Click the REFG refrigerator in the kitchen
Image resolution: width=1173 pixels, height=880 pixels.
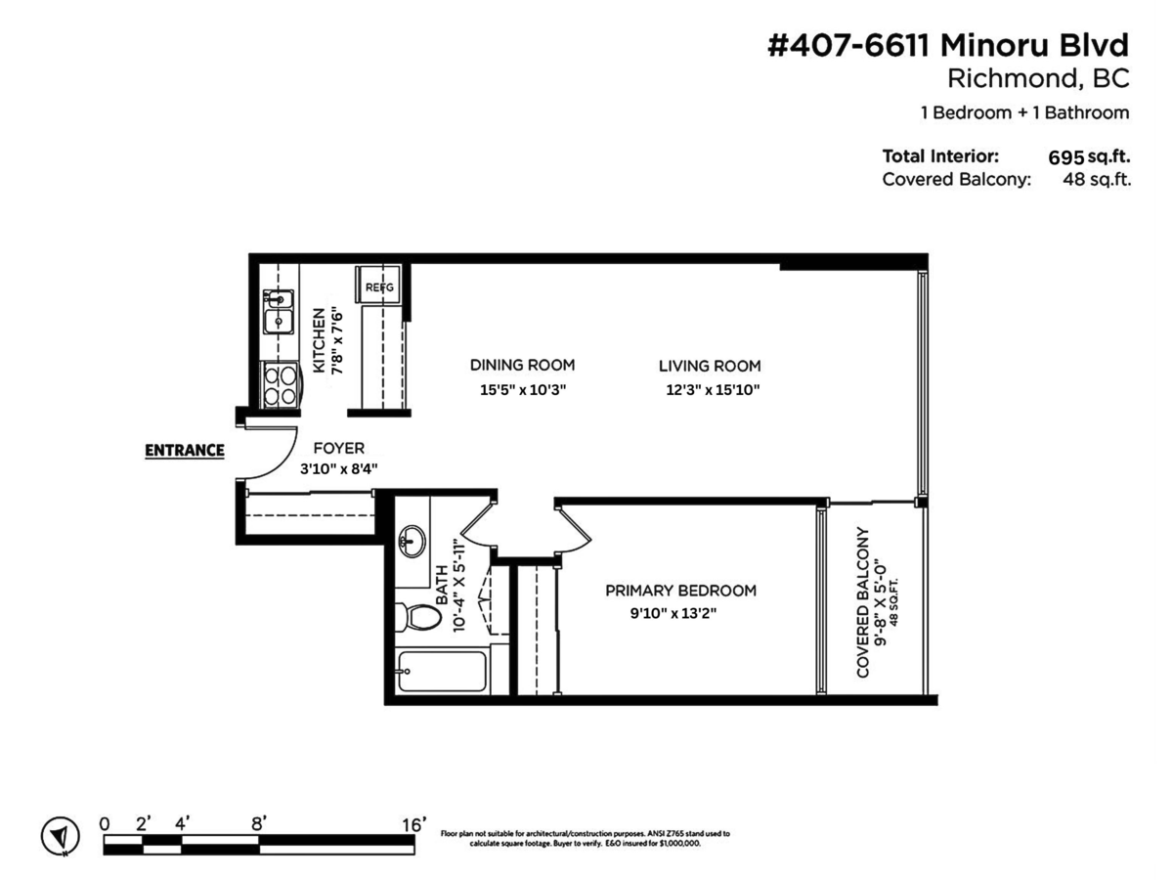378,285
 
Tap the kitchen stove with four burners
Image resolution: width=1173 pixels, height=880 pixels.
280,385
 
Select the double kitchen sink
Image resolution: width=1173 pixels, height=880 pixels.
278,312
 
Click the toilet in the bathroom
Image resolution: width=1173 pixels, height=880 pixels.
418,618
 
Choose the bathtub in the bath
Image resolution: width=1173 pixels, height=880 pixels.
442,671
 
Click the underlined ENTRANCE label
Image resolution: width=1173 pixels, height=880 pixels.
185,451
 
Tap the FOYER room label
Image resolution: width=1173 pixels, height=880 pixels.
339,448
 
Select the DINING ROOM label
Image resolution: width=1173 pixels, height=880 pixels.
522,365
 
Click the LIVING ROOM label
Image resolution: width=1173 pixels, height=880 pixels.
709,366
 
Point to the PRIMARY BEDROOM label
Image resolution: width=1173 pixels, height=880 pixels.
680,591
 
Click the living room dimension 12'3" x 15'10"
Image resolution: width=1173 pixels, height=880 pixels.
713,390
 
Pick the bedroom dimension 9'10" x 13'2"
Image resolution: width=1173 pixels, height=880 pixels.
673,613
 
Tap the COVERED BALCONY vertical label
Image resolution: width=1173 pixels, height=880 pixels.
862,602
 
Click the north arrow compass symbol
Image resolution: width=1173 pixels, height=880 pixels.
61,836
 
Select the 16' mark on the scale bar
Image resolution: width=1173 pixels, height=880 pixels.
414,824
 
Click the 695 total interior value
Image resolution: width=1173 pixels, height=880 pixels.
1065,157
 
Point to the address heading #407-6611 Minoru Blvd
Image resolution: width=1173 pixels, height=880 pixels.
948,45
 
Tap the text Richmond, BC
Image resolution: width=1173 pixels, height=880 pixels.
1038,78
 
